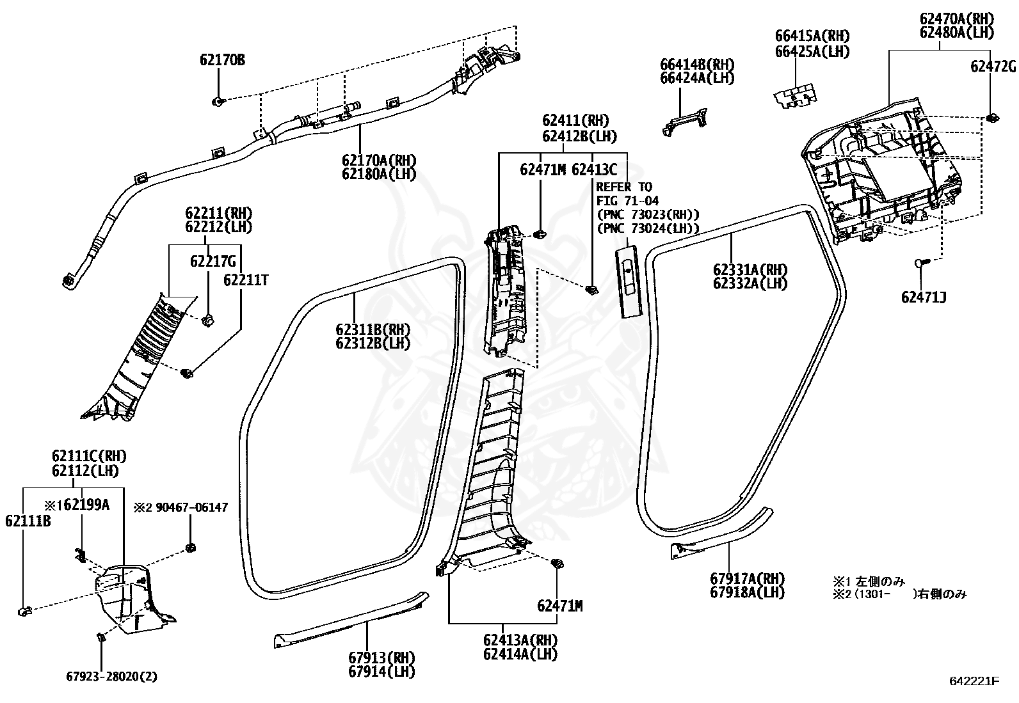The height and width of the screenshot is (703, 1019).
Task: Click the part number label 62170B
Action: (221, 60)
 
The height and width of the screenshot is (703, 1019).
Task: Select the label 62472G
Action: (993, 67)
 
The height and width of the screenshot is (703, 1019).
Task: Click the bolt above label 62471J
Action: (921, 262)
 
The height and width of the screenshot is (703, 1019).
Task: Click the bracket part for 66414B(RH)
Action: (685, 121)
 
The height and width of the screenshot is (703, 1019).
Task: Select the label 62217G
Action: (213, 262)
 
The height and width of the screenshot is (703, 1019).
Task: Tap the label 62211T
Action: (246, 280)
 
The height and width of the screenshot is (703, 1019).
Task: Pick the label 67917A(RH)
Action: (747, 578)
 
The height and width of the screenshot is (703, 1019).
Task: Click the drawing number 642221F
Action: (974, 681)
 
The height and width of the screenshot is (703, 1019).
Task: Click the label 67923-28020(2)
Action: (112, 676)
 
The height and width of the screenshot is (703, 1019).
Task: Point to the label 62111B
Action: (28, 521)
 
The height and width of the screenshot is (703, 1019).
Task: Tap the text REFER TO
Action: (623, 187)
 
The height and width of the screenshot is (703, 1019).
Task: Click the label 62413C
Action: (594, 170)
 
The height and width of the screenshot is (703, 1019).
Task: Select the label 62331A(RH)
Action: (750, 269)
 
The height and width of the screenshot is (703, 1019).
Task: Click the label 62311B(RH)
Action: (373, 329)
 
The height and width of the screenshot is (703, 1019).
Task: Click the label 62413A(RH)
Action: (520, 640)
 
